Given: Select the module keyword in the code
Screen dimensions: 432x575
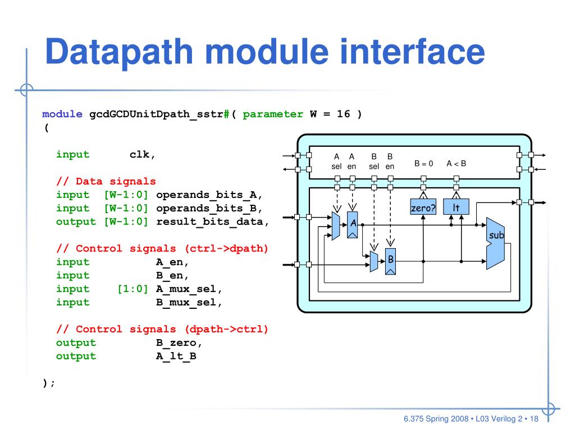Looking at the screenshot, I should (x=62, y=114).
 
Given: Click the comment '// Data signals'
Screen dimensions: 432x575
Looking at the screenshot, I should (x=106, y=182).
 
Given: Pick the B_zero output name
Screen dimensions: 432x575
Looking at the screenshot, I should (x=176, y=343).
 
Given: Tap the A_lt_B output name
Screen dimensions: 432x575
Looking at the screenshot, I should (x=176, y=357).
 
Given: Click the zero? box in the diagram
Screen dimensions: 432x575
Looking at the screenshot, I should (x=423, y=208).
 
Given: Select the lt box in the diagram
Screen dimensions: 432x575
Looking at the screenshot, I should (x=456, y=208).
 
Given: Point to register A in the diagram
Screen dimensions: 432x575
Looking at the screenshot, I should (x=353, y=224).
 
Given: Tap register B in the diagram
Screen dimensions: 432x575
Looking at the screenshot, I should (x=390, y=261).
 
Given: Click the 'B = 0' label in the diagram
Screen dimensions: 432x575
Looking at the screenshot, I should (x=424, y=164).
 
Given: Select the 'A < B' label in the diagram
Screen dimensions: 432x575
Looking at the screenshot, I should (x=457, y=164).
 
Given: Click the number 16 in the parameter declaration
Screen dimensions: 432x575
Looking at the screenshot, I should (x=343, y=114).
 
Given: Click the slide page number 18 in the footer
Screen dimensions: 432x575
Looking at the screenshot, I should (x=533, y=419).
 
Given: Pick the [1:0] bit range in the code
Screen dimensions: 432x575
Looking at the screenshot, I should (x=133, y=289).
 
